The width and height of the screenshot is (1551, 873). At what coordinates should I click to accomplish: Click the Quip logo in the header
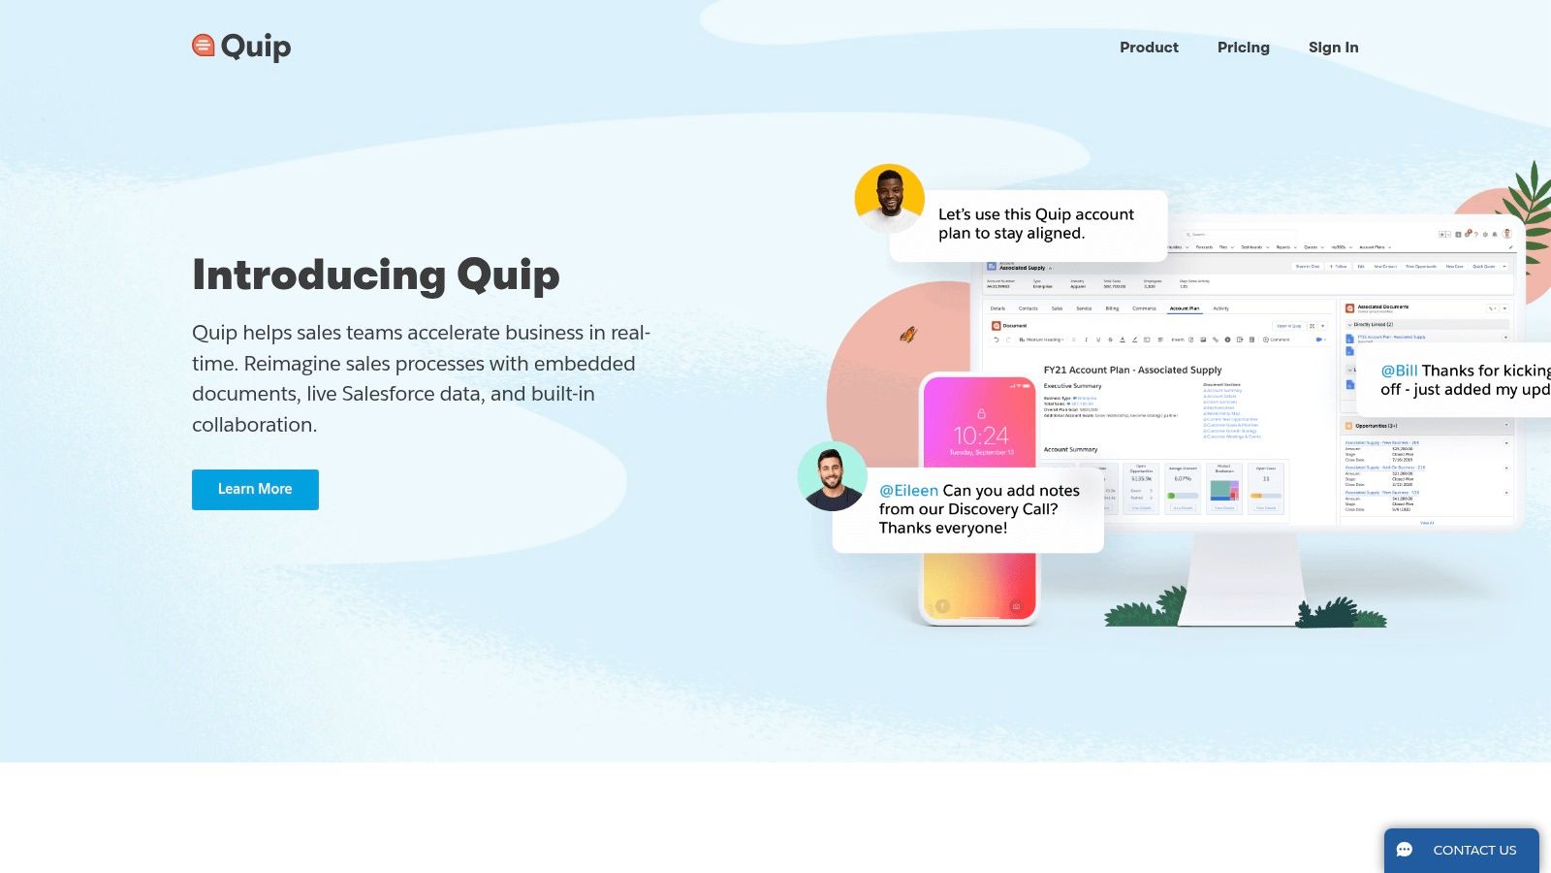[241, 47]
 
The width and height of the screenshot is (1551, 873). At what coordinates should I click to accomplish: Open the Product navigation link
[1149, 48]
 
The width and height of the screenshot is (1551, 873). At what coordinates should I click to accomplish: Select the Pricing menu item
[1243, 48]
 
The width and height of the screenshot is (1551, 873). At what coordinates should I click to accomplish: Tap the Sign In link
[1333, 48]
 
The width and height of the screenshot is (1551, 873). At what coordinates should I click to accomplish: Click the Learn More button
[255, 490]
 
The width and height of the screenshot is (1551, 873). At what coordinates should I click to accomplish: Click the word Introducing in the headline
[318, 275]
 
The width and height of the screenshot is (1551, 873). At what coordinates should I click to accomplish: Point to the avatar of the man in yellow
[889, 198]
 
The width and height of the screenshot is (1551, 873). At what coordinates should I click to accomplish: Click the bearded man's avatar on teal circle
[832, 476]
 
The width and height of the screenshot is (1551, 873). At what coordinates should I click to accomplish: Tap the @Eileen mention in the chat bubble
[908, 491]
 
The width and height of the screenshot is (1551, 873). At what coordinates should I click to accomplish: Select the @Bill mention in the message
[1399, 371]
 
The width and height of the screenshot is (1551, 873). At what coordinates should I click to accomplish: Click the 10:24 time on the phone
[980, 436]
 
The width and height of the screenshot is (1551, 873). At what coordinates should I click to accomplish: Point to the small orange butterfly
[908, 335]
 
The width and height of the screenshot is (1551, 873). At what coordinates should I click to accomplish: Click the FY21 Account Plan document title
[1132, 370]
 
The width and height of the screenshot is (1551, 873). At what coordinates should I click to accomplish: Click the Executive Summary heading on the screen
[1072, 386]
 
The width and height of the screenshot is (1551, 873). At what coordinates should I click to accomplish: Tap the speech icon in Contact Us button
[1405, 850]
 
